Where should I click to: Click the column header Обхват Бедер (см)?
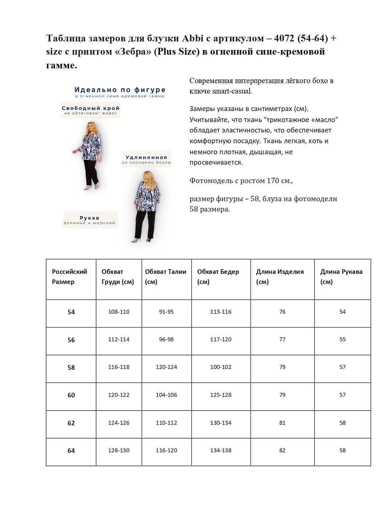pos(218,277)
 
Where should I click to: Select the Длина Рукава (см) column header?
pos(341,277)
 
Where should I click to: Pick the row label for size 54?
pos(71,312)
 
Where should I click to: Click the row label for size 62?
pos(71,423)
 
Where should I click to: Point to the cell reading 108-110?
pos(119,312)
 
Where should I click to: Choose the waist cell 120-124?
pos(166,367)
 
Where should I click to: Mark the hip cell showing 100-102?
pos(221,367)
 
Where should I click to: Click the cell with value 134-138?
pos(221,450)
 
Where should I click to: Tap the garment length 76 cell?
pos(282,312)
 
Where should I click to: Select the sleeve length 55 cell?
pos(342,339)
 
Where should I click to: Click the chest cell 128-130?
pos(119,450)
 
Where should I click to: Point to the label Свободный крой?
pos(90,109)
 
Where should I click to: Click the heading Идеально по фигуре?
pos(120,90)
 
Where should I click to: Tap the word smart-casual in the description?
pos(232,91)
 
